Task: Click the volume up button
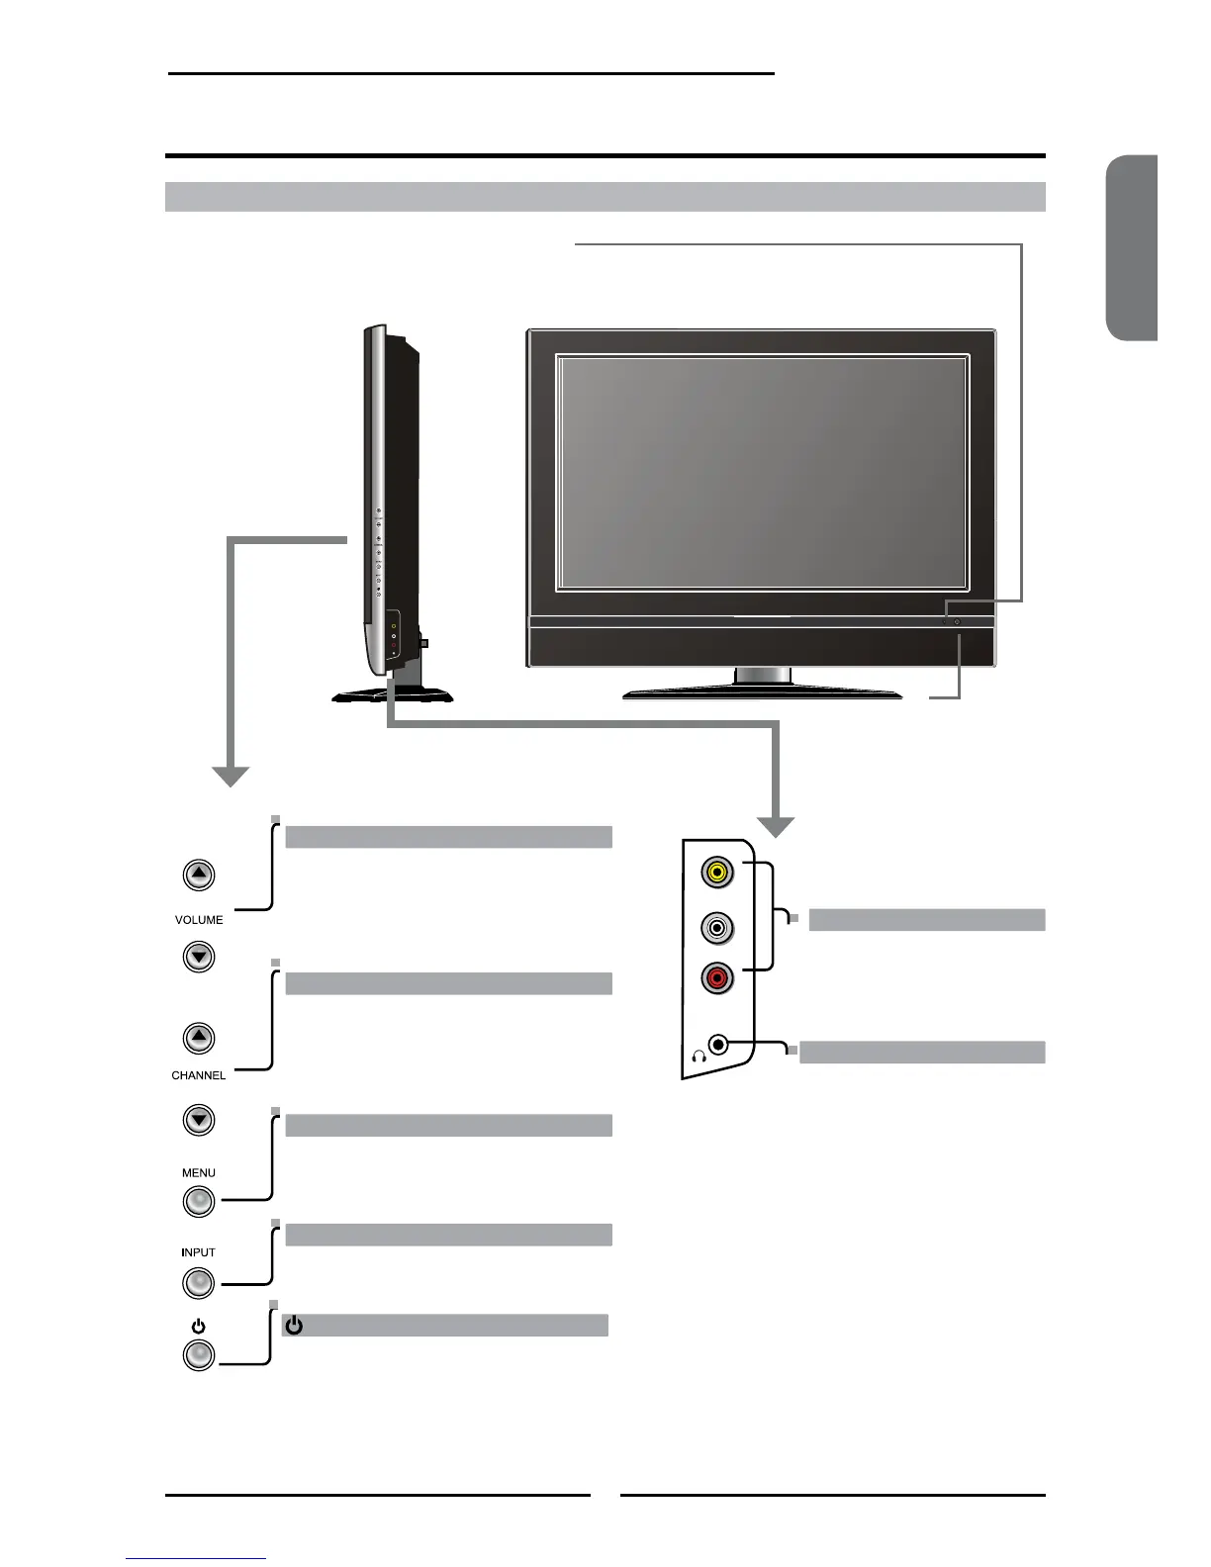(x=199, y=875)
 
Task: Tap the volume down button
(x=199, y=957)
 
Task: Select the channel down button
(x=199, y=1120)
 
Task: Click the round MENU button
(x=199, y=1201)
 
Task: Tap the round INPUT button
(x=199, y=1283)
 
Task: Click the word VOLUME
(x=199, y=920)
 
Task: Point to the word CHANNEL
(x=199, y=1075)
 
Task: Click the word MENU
(x=199, y=1173)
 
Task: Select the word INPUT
(x=199, y=1252)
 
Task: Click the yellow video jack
(x=716, y=873)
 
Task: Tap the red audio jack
(x=716, y=979)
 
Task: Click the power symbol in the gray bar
(x=294, y=1326)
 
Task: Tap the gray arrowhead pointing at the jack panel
(x=777, y=827)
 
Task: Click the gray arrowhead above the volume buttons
(x=231, y=777)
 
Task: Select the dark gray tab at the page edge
(x=1132, y=248)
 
